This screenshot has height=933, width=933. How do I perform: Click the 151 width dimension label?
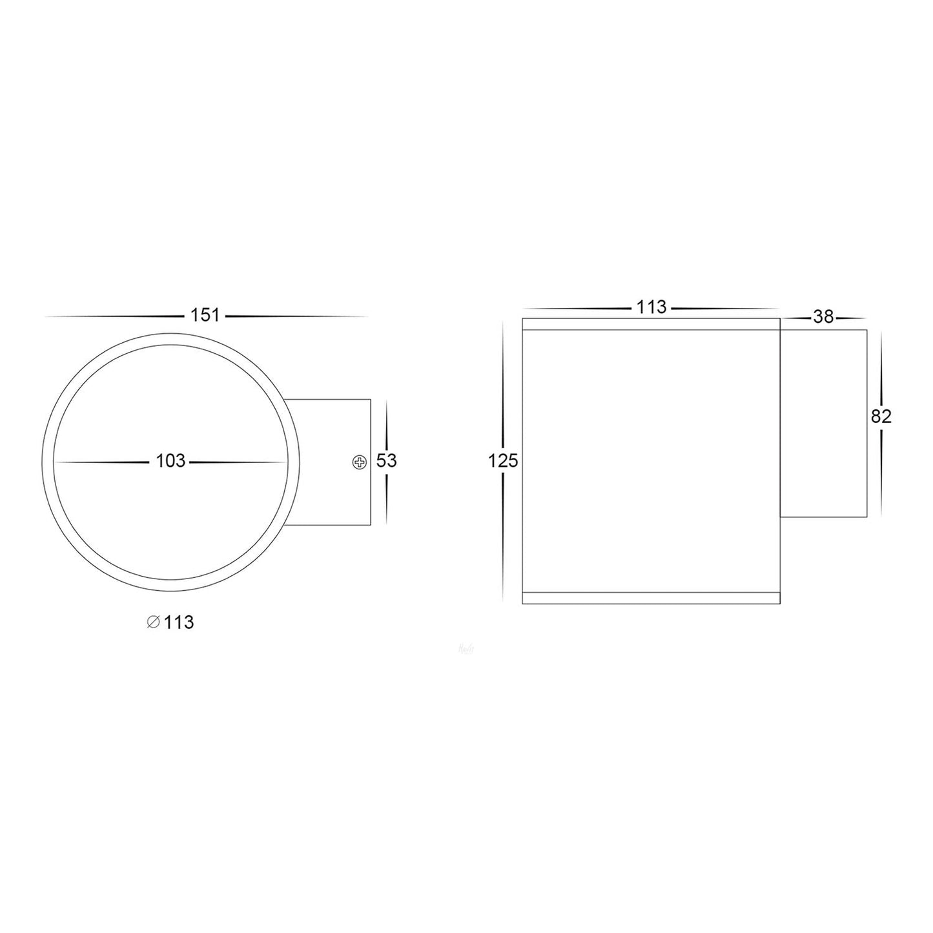pos(205,316)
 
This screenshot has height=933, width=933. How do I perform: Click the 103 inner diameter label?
pos(170,461)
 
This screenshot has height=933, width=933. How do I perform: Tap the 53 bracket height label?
pos(386,461)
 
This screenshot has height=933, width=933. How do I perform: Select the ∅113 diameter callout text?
pos(170,622)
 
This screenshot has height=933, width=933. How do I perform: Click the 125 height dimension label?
pos(503,461)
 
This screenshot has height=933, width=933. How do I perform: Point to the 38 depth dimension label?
pos(824,316)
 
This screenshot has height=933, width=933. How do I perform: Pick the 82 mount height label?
pos(881,417)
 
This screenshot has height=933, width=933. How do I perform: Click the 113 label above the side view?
pos(651,308)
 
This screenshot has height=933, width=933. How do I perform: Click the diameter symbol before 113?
pos(153,622)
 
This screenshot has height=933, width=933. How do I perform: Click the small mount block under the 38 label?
pos(823,423)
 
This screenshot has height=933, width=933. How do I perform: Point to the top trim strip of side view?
pos(651,324)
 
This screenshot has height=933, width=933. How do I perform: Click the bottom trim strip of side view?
pos(651,598)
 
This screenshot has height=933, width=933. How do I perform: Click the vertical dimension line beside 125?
pos(503,536)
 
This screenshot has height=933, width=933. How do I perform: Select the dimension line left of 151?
pos(116,316)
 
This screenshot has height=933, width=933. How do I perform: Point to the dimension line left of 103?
pos(103,462)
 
